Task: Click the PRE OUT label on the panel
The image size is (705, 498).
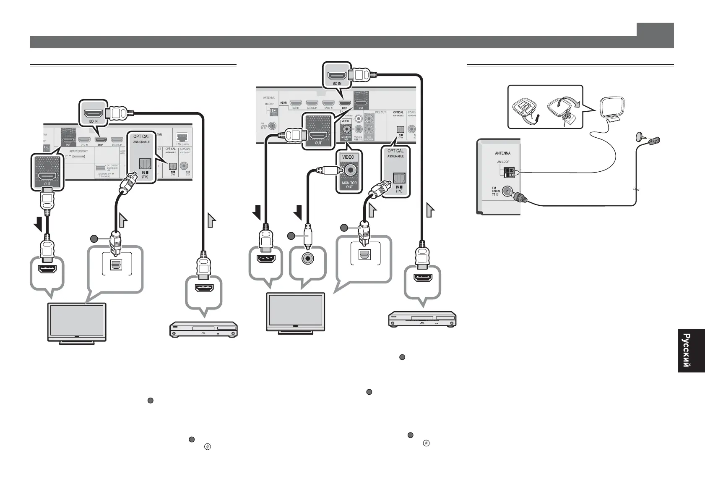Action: [380, 112]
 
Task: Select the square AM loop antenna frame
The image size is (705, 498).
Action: [613, 108]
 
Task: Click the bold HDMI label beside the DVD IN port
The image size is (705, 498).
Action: [283, 102]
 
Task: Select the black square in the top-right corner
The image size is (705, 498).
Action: [655, 29]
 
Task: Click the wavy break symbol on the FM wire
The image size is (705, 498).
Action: [636, 189]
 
